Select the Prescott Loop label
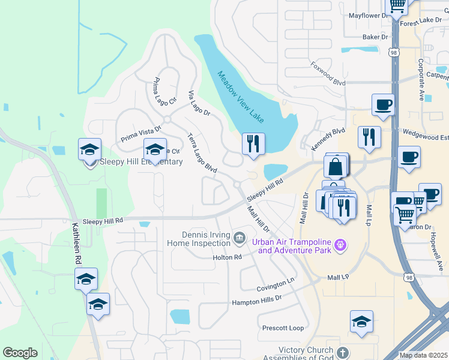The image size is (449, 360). click(283, 328)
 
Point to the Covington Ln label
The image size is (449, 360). click(276, 284)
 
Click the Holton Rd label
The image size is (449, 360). click(227, 257)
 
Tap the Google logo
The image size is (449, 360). click(20, 353)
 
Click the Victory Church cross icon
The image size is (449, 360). click(342, 353)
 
